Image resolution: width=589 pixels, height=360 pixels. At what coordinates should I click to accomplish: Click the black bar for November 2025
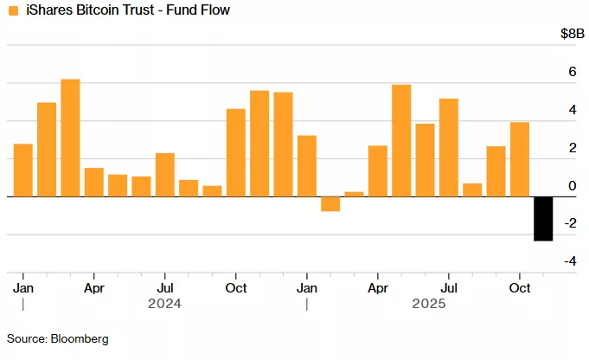pyautogui.click(x=543, y=219)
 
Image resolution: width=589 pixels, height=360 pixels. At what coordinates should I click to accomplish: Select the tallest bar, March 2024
pyautogui.click(x=70, y=138)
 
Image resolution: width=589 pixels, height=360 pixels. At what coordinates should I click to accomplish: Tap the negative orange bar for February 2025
pyautogui.click(x=330, y=204)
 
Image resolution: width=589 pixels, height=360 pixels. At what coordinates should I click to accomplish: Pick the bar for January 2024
pyautogui.click(x=23, y=170)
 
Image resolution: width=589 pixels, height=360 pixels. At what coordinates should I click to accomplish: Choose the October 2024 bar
pyautogui.click(x=236, y=153)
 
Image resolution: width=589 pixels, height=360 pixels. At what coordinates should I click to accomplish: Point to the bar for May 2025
pyautogui.click(x=401, y=140)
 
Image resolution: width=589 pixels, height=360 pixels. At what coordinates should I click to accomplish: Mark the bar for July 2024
pyautogui.click(x=165, y=175)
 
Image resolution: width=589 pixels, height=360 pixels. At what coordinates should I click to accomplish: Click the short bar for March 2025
pyautogui.click(x=354, y=194)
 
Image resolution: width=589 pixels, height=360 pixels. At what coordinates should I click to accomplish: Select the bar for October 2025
pyautogui.click(x=520, y=159)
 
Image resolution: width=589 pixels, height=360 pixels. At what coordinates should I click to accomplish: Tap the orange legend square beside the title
pyautogui.click(x=11, y=10)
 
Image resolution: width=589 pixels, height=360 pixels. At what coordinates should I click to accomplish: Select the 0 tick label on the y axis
pyautogui.click(x=572, y=186)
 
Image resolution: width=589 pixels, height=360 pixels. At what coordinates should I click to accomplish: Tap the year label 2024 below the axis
pyautogui.click(x=164, y=304)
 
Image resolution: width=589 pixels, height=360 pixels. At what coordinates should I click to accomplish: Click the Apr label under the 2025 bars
pyautogui.click(x=377, y=287)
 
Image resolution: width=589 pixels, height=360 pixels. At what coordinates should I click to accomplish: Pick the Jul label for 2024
pyautogui.click(x=165, y=287)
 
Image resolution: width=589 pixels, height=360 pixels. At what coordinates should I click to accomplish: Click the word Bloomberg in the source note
pyautogui.click(x=80, y=338)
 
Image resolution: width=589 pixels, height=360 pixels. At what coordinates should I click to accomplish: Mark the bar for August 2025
pyautogui.click(x=472, y=190)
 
